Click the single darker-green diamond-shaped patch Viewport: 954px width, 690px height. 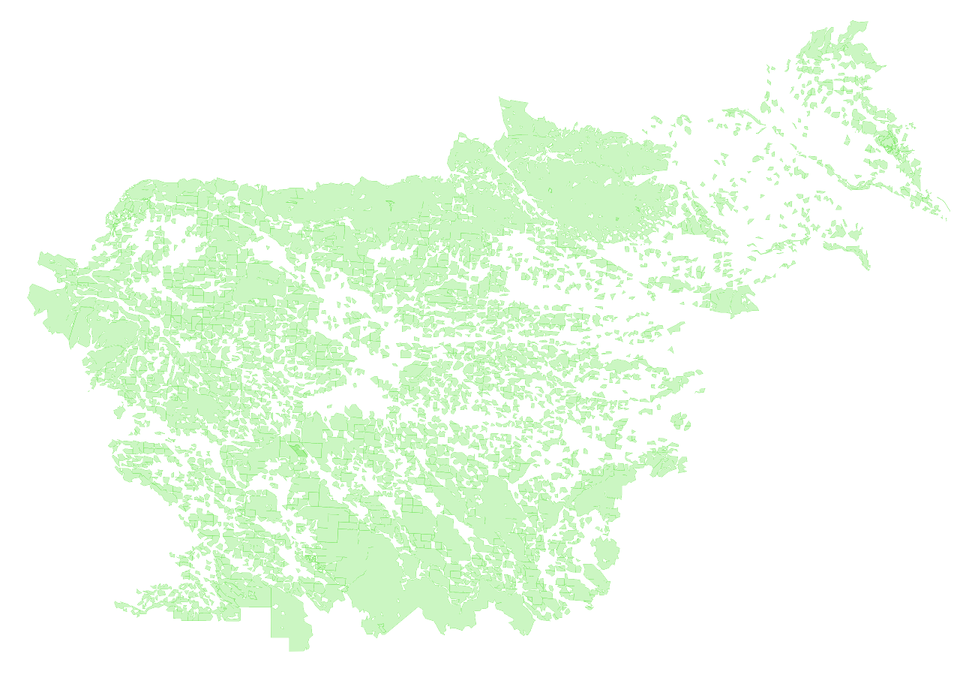point(298,450)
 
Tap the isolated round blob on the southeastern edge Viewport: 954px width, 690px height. point(606,553)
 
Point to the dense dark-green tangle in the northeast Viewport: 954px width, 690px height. point(888,140)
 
